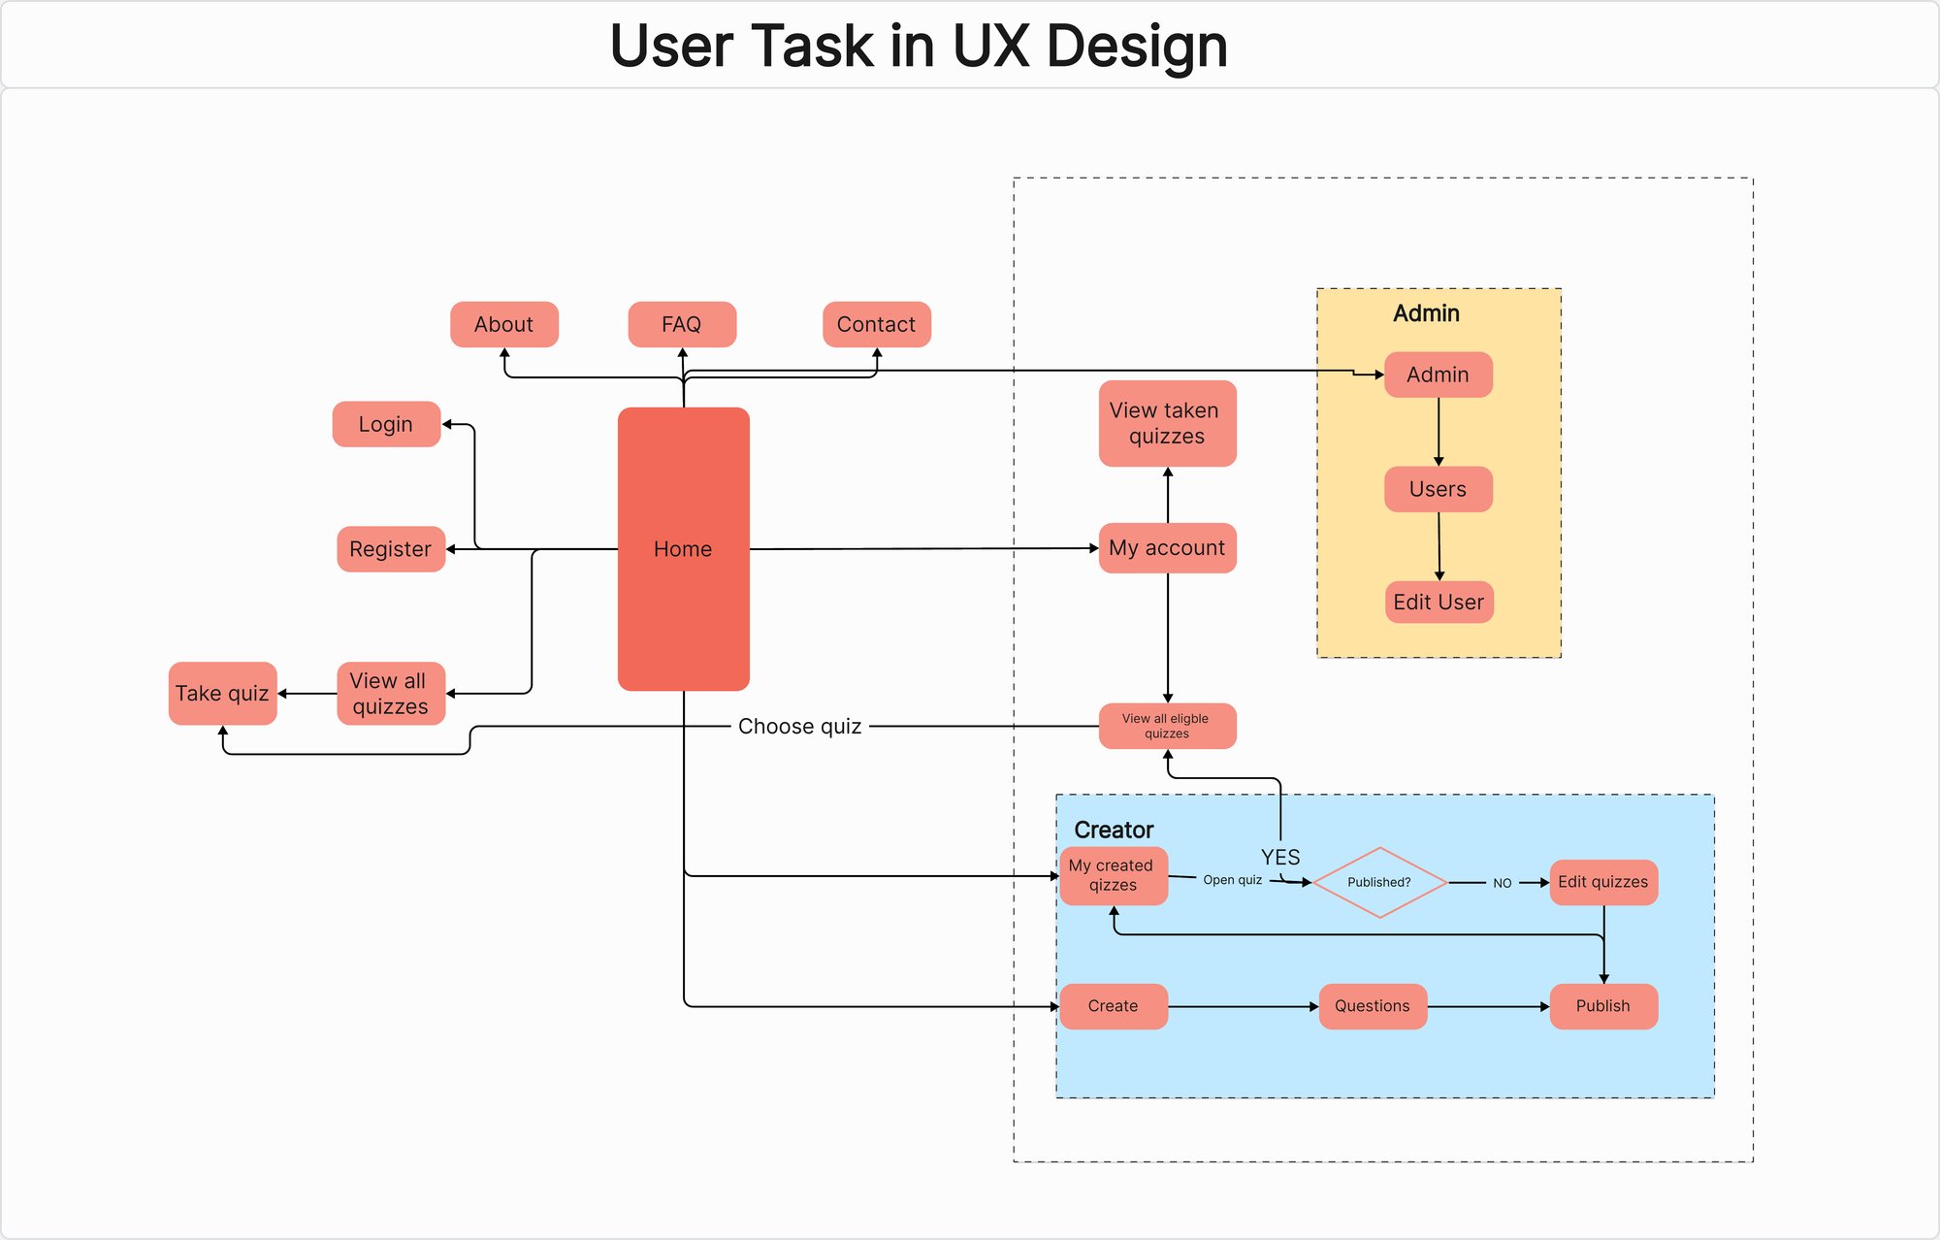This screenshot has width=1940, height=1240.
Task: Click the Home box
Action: (683, 549)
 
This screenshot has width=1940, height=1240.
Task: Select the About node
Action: (503, 324)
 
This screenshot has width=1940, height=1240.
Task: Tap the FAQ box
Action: (682, 324)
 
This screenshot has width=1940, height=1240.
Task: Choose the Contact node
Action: (876, 324)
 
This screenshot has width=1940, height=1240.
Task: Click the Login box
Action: (386, 424)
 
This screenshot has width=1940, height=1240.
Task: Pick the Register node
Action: (391, 549)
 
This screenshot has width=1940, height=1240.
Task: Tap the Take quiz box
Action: (222, 693)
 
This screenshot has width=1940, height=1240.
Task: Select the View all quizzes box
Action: (391, 693)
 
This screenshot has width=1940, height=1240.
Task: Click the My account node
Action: (1167, 548)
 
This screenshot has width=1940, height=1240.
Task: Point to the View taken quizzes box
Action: (1167, 423)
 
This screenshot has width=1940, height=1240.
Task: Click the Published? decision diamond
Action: (1378, 882)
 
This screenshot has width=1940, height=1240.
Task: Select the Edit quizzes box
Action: (1602, 882)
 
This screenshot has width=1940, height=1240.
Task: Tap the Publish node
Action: (1602, 1006)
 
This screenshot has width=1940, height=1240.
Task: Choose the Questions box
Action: (1372, 1006)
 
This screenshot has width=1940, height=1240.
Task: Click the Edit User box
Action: (1439, 602)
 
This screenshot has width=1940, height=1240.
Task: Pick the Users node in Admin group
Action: (1438, 489)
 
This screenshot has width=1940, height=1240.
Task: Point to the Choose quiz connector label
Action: (799, 726)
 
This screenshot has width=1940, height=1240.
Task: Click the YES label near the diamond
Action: (1280, 857)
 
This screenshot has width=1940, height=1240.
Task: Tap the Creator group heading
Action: (1114, 830)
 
